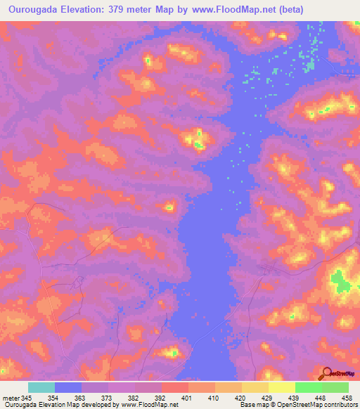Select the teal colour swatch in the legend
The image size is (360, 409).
41,388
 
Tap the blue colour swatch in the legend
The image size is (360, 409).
68,388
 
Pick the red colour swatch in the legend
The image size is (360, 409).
175,388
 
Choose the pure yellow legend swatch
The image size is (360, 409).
282,388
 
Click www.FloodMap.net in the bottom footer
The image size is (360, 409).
150,404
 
